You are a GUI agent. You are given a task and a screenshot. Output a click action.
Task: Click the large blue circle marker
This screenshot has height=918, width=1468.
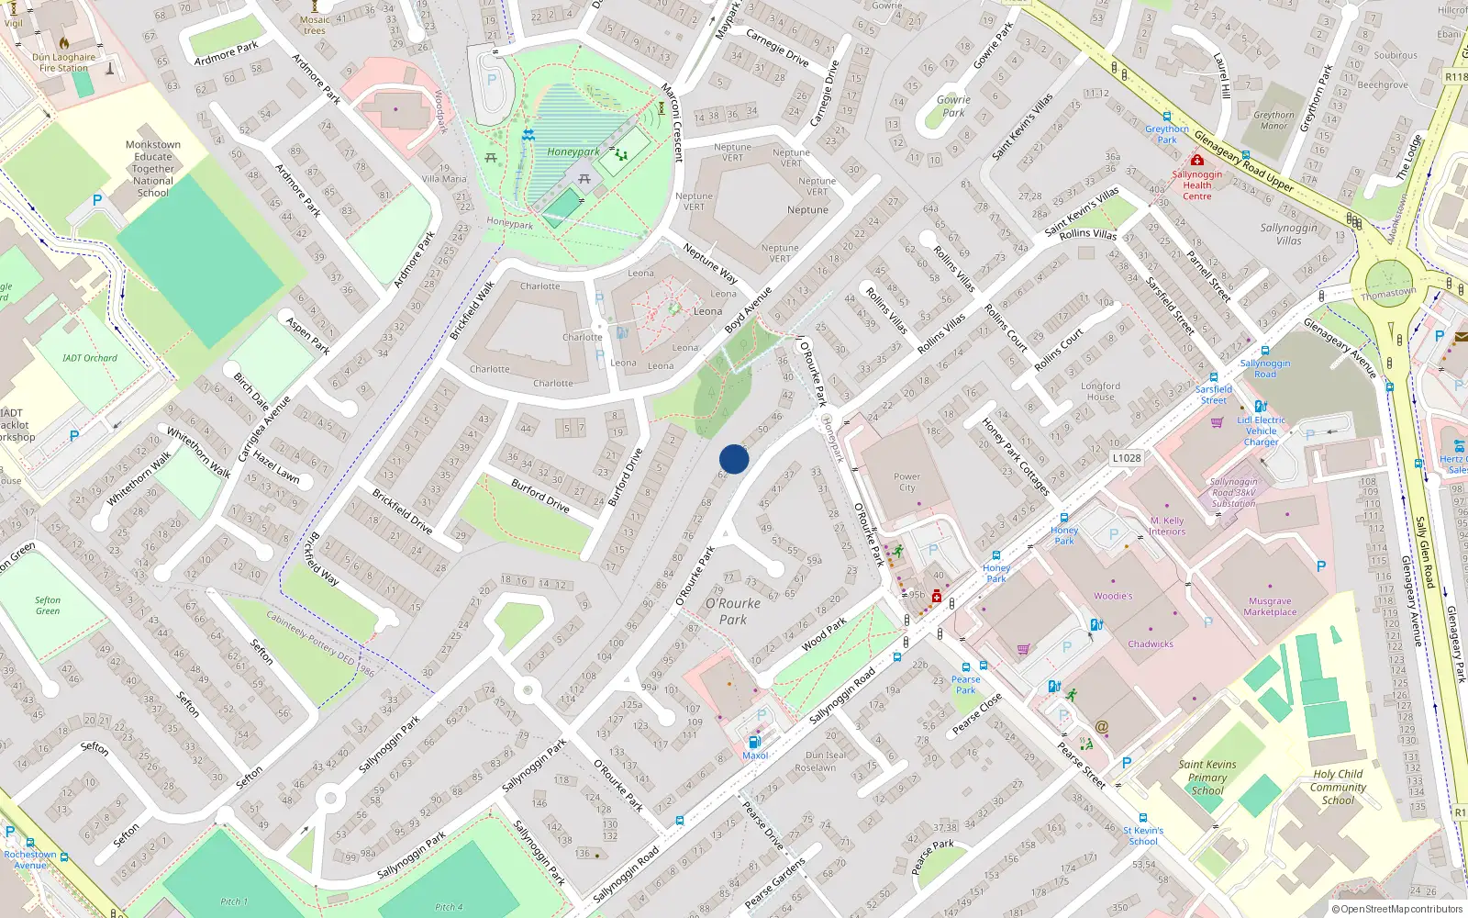pyautogui.click(x=734, y=459)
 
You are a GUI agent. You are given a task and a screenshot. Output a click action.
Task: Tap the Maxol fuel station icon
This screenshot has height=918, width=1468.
pyautogui.click(x=754, y=742)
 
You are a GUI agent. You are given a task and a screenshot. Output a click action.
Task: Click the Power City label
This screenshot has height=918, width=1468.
pyautogui.click(x=906, y=482)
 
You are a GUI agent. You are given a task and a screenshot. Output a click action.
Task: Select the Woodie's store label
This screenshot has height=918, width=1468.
pyautogui.click(x=1113, y=596)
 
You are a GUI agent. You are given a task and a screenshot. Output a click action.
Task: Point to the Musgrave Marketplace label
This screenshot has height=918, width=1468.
pyautogui.click(x=1270, y=607)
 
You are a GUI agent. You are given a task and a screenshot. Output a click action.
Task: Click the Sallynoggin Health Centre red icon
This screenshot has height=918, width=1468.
pyautogui.click(x=1196, y=160)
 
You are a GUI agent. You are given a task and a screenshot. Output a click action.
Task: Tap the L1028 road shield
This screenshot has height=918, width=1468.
pyautogui.click(x=1126, y=458)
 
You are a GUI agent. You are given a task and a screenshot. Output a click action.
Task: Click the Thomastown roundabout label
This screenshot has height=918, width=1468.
pyautogui.click(x=1388, y=294)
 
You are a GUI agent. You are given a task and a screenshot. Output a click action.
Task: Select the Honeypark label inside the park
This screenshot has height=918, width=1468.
pyautogui.click(x=573, y=152)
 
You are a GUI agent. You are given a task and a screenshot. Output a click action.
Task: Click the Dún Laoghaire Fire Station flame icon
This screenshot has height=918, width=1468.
pyautogui.click(x=64, y=42)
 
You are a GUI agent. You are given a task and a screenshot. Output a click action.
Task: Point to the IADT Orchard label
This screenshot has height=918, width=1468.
pyautogui.click(x=90, y=358)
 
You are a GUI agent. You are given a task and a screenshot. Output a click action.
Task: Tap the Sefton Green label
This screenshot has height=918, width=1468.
pyautogui.click(x=48, y=605)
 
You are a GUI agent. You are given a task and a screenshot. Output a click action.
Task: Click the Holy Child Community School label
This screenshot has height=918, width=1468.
pyautogui.click(x=1338, y=787)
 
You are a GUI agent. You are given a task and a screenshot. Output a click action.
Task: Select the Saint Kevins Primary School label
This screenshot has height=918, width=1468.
pyautogui.click(x=1207, y=777)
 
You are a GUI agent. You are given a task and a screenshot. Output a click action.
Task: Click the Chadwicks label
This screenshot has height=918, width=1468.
pyautogui.click(x=1151, y=644)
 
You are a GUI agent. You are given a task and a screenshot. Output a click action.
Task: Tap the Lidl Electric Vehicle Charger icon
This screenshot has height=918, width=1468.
pyautogui.click(x=1261, y=406)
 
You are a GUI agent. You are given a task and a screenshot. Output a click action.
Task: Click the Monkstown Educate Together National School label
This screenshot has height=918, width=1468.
pyautogui.click(x=153, y=169)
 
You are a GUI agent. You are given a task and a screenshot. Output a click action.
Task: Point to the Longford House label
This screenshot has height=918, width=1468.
pyautogui.click(x=1100, y=391)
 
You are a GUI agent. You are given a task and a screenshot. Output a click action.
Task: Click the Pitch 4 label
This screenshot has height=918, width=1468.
pyautogui.click(x=450, y=907)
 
